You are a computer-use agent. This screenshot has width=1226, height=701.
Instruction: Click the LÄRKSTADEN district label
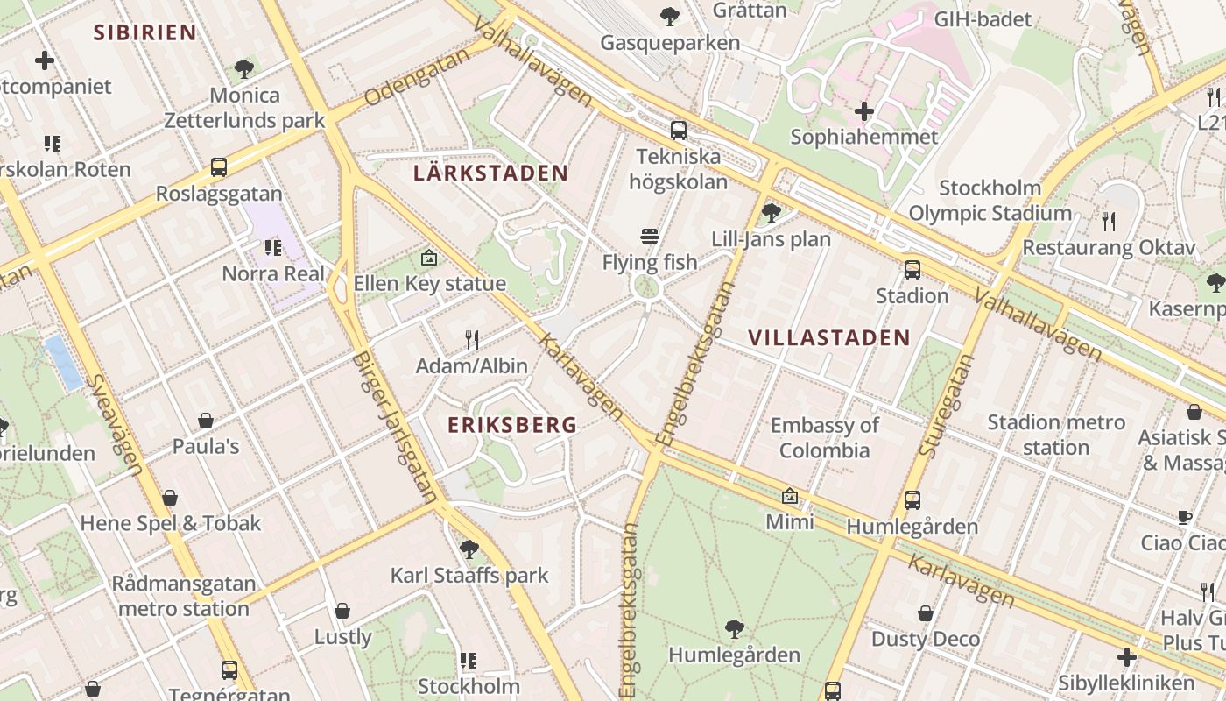[x=490, y=173]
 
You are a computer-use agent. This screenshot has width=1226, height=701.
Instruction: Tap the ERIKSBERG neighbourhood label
[x=512, y=425]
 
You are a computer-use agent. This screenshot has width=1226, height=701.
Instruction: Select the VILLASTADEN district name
[x=829, y=337]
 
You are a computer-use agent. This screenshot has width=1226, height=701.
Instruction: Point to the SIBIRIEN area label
[x=144, y=33]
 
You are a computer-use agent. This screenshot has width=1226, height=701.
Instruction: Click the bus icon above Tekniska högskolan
[x=678, y=131]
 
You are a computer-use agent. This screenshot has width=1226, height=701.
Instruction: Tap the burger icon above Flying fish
[x=649, y=236]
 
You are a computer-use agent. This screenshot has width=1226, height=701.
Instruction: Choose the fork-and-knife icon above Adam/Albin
[x=471, y=339]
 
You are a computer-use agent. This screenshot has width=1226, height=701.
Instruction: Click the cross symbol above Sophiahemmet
[x=863, y=111]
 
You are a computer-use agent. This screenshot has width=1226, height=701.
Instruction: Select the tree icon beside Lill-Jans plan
[x=771, y=212]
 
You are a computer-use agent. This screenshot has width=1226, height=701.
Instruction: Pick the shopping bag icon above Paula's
[x=206, y=421]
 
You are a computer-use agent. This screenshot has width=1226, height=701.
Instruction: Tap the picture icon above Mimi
[x=789, y=496]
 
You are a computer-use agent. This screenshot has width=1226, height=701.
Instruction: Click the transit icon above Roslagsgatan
[x=218, y=167]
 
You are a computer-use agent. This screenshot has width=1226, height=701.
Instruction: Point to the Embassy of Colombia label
[x=824, y=438]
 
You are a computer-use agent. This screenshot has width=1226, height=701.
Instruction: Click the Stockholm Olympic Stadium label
[x=990, y=201]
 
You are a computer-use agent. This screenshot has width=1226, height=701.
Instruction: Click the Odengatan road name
[x=412, y=85]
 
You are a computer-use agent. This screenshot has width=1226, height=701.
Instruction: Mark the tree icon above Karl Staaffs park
[x=469, y=549]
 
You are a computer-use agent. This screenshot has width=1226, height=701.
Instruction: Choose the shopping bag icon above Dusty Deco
[x=925, y=613]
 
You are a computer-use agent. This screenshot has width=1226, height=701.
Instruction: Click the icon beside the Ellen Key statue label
[x=428, y=258]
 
